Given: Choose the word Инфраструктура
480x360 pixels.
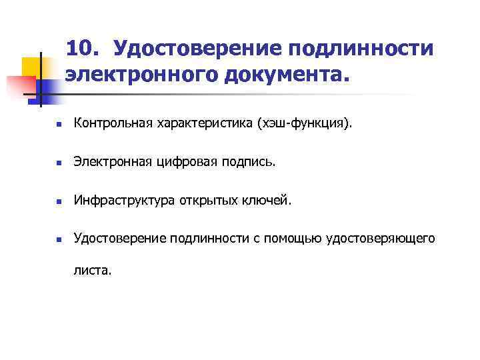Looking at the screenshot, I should pos(124,199).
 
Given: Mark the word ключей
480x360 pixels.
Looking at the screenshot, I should pos(267,199).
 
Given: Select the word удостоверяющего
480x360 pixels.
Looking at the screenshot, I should pos(381,237).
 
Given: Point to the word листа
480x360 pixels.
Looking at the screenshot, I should pos(93,271).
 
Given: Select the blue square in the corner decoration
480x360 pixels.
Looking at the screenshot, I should pos(47,87).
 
